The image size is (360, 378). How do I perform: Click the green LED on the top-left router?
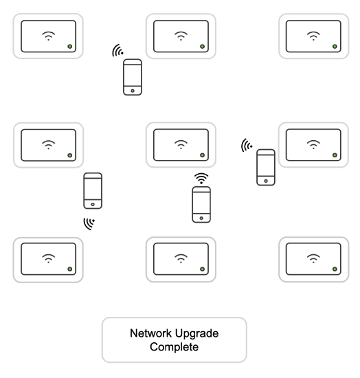[69, 47]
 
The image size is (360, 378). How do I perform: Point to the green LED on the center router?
[202, 156]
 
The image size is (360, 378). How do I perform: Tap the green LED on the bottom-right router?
[334, 269]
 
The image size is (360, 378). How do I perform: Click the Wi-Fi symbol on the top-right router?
[313, 35]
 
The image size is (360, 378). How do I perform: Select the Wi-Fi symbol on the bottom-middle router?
[181, 258]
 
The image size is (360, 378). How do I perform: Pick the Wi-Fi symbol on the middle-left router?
[48, 144]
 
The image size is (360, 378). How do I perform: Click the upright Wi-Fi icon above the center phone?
[201, 178]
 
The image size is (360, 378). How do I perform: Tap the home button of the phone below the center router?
[201, 217]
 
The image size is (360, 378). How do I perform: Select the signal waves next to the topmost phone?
[119, 51]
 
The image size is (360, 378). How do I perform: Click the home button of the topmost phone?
[133, 89]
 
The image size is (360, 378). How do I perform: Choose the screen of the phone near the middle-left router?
[93, 188]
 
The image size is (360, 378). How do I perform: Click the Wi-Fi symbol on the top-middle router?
[181, 35]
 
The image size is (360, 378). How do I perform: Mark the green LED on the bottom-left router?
[69, 269]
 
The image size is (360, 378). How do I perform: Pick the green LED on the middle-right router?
[334, 156]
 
